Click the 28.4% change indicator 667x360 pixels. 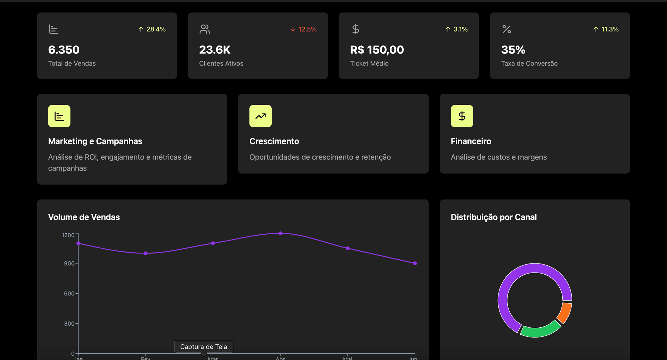pos(152,29)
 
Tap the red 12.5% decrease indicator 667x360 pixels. pos(303,29)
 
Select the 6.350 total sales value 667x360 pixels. pos(64,50)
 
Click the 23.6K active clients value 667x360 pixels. pos(215,50)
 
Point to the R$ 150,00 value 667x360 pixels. pos(377,50)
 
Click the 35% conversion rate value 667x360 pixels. pos(513,50)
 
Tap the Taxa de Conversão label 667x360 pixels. pos(529,64)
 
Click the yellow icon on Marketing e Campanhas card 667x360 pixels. pos(59,116)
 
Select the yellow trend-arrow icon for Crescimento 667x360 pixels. pos(260,116)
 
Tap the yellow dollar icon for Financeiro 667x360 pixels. pos(462,116)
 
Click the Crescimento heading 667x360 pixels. pos(274,141)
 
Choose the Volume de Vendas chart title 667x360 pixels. pos(84,217)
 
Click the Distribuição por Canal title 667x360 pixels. pos(493,217)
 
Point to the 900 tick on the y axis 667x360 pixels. pos(69,263)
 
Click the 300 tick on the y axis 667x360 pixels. pos(69,324)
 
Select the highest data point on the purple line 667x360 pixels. pos(280,233)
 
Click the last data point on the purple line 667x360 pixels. pos(415,263)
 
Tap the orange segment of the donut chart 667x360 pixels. pos(565,312)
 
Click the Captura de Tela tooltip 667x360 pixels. pos(204,346)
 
